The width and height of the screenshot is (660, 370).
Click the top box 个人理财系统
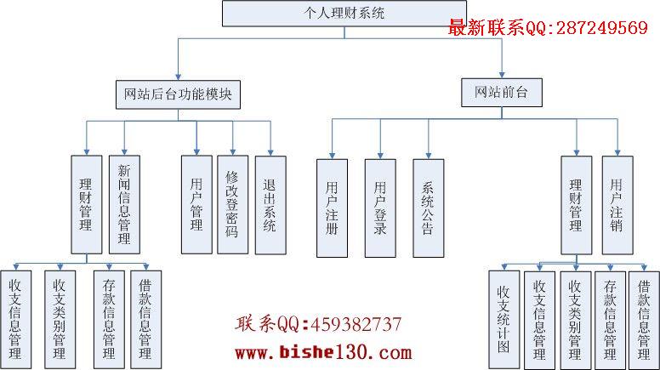(344, 14)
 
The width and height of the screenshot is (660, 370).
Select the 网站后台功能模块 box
(178, 94)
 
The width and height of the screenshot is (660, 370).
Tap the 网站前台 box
(501, 92)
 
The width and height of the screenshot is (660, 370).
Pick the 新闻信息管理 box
(124, 205)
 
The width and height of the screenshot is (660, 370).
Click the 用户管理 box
(196, 205)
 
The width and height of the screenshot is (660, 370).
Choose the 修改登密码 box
(233, 205)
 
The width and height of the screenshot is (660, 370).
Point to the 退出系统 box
(270, 205)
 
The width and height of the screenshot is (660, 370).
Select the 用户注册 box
(332, 208)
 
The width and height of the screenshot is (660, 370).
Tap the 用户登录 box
(380, 208)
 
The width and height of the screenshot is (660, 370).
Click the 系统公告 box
(429, 208)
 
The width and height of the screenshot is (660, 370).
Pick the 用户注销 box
(617, 205)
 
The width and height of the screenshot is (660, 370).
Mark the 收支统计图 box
(504, 320)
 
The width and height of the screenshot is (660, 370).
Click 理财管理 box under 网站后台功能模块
(87, 205)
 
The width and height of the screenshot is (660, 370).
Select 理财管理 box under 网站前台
(577, 205)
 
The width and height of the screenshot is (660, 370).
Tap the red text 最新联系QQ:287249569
(548, 28)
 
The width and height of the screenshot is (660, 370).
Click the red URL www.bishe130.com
(323, 352)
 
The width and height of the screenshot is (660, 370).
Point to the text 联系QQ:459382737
(318, 324)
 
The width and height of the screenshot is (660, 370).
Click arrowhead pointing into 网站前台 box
(502, 76)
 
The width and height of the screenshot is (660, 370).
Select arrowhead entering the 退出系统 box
(270, 153)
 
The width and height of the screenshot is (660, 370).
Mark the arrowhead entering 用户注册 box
(332, 157)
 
